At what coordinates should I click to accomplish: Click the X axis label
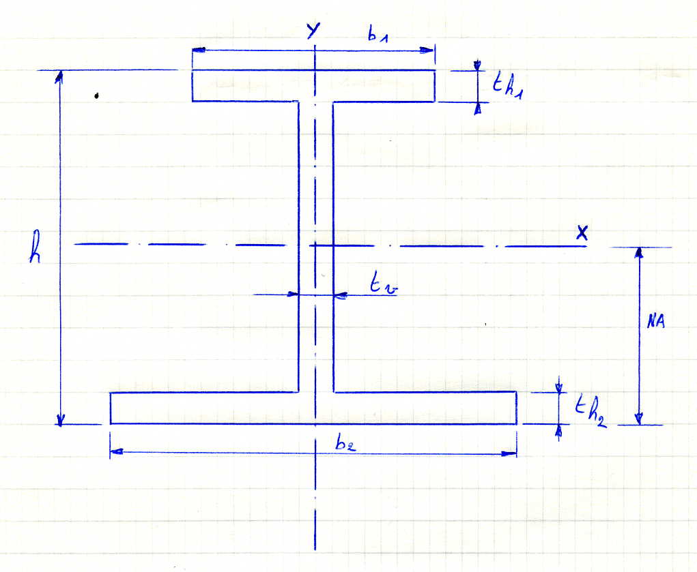pos(582,232)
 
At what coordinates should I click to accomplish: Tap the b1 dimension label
pos(377,36)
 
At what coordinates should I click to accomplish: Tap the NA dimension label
pos(655,323)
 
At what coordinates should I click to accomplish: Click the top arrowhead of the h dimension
pos(59,75)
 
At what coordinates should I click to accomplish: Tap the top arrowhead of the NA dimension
pos(640,253)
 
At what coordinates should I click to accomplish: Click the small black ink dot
pos(97,96)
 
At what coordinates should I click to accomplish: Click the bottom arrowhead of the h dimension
pos(60,420)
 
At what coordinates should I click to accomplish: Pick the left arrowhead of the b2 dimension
pos(116,451)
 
